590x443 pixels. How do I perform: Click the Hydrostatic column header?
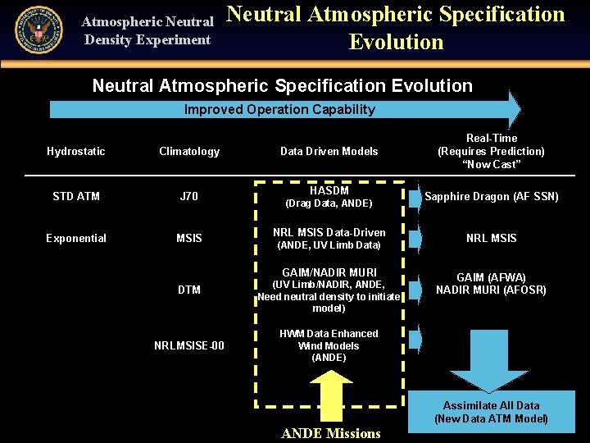click(76, 151)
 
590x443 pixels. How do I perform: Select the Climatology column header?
click(189, 151)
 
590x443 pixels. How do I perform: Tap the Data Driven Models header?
click(329, 151)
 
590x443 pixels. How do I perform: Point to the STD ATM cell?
click(76, 196)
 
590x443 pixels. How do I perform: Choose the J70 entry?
click(189, 196)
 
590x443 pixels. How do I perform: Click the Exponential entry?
click(76, 238)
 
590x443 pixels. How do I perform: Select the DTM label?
click(189, 290)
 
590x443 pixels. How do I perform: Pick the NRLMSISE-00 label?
click(189, 345)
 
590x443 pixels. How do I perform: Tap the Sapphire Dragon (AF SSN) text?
click(492, 196)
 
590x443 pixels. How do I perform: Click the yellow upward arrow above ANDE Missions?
click(330, 399)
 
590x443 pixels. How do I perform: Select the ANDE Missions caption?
click(331, 433)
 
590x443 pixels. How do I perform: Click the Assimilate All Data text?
click(492, 405)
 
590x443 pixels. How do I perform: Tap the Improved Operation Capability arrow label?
click(279, 109)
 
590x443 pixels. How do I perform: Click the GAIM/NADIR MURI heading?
click(329, 272)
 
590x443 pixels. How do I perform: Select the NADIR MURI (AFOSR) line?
click(492, 290)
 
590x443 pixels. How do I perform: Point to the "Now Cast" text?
click(492, 164)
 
